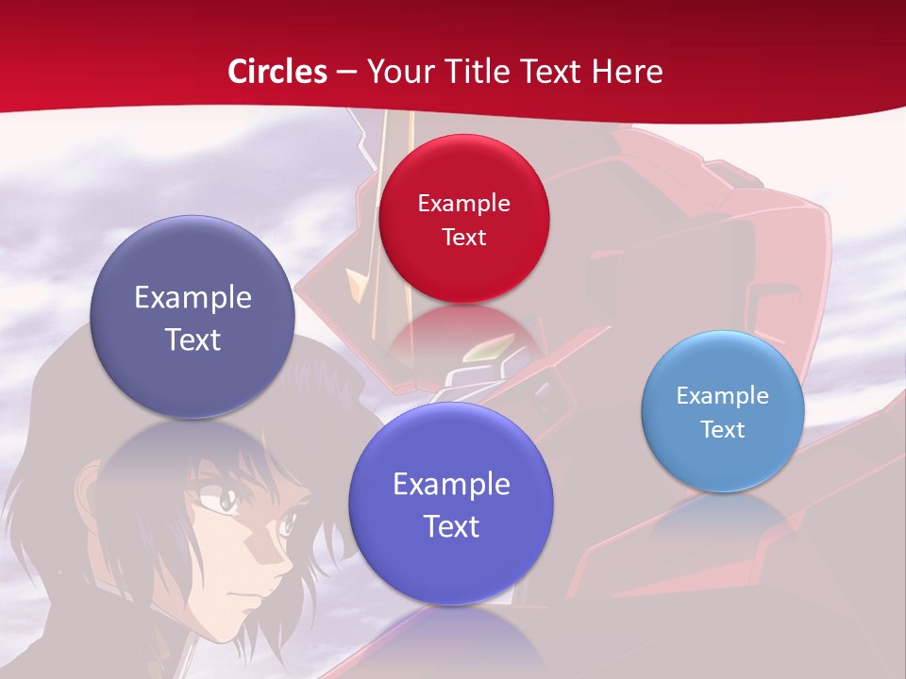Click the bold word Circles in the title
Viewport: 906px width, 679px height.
[277, 72]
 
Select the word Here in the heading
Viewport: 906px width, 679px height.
[628, 72]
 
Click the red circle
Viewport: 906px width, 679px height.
[463, 219]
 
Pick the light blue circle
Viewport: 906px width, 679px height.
[723, 410]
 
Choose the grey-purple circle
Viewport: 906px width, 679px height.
[193, 317]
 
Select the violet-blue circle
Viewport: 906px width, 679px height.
[451, 505]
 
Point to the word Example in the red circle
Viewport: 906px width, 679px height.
[463, 203]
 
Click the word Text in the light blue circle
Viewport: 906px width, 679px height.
[723, 429]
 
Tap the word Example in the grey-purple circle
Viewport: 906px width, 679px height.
[193, 298]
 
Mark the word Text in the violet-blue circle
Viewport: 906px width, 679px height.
[451, 526]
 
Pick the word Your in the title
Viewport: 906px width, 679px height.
[397, 72]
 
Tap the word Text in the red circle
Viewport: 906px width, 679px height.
[463, 237]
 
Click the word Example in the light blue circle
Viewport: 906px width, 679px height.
[723, 395]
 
